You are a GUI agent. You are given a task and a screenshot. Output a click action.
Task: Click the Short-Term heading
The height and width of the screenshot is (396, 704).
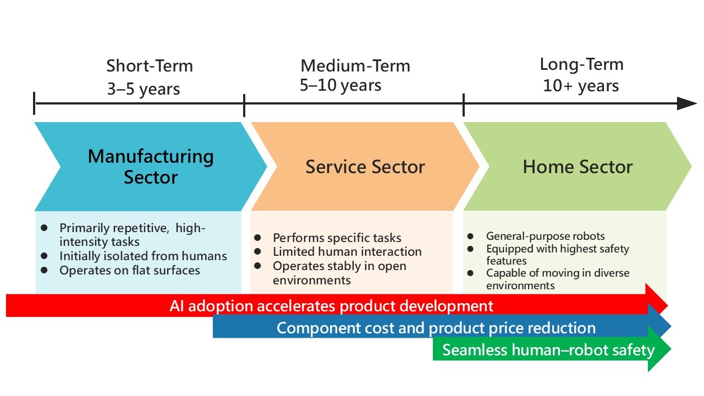tap(150, 65)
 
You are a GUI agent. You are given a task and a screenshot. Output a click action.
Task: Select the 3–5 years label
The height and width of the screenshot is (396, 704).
tap(144, 89)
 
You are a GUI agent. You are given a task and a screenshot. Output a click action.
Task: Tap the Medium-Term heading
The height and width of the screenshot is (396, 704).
tap(355, 65)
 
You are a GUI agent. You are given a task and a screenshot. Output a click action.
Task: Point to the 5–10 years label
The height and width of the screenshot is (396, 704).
tap(340, 85)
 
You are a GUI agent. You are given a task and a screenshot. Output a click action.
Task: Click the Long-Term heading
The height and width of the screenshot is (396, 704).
tap(582, 64)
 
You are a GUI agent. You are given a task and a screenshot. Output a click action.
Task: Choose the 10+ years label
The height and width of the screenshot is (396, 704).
tap(581, 85)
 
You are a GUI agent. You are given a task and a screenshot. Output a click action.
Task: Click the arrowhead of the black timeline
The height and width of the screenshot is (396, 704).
tap(687, 103)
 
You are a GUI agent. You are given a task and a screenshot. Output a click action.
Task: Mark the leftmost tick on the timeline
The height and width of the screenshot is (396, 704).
tap(34, 103)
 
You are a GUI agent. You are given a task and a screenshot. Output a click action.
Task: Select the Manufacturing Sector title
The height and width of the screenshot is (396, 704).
tap(151, 167)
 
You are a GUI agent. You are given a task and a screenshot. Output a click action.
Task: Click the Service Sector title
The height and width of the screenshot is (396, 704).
tap(365, 167)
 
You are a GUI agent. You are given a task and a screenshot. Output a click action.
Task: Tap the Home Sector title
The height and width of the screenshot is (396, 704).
tap(577, 167)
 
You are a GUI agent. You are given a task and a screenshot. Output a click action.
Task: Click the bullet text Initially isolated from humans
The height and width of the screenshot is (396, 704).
tap(143, 256)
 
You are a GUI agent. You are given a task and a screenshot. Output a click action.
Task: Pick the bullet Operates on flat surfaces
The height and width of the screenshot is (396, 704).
tap(129, 270)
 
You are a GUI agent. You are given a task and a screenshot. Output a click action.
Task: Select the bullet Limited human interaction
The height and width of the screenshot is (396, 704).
tap(347, 251)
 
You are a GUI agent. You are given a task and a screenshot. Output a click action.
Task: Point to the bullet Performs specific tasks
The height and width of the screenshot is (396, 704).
tap(337, 238)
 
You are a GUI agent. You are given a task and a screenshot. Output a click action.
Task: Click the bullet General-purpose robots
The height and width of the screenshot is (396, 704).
tap(545, 236)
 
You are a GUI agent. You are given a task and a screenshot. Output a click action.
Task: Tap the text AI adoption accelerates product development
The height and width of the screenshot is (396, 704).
tap(331, 306)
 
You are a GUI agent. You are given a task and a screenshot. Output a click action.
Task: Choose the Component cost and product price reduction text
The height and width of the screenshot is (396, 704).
tap(436, 328)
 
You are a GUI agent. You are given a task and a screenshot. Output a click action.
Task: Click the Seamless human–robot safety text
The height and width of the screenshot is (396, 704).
tap(548, 350)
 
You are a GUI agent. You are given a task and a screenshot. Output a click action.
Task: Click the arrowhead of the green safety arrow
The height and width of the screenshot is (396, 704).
tap(659, 349)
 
